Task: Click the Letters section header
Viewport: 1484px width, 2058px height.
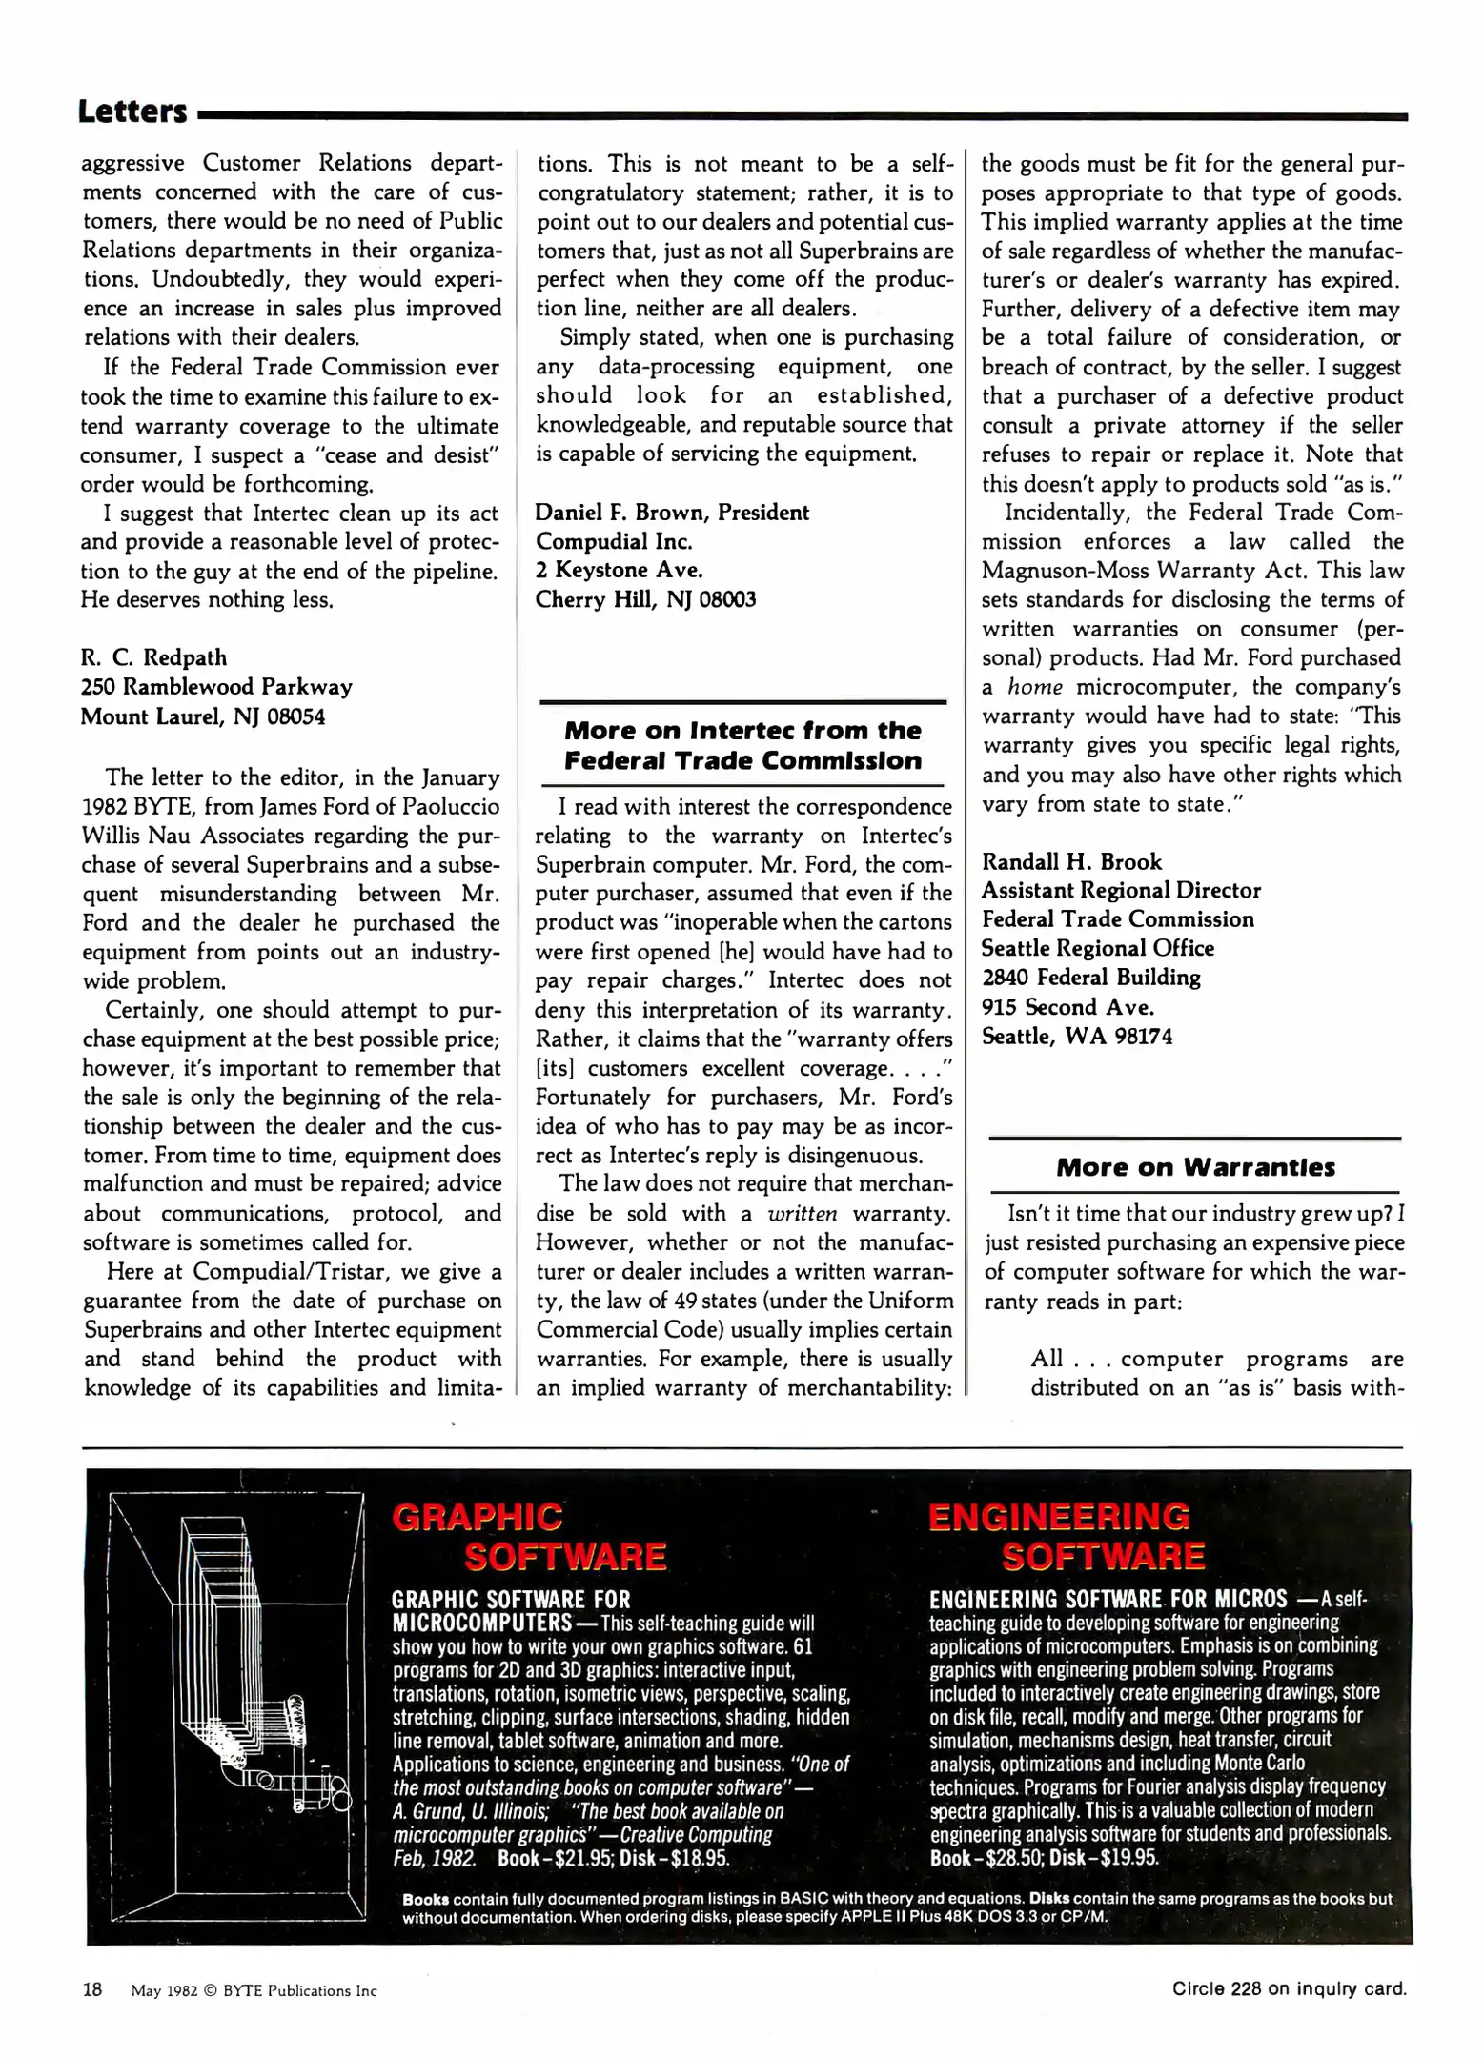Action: coord(132,111)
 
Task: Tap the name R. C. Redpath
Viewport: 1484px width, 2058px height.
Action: coord(153,657)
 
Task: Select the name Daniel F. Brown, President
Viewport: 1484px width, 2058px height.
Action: coord(671,512)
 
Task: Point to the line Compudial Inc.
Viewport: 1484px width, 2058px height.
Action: coord(613,541)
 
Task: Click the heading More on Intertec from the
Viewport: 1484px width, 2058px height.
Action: coord(742,731)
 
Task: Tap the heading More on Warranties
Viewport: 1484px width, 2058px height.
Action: coord(1195,1167)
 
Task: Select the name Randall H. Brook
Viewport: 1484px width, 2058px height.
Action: coord(1071,861)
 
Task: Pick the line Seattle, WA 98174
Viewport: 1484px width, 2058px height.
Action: coord(1077,1036)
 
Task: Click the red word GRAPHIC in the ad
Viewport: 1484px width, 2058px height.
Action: coord(477,1517)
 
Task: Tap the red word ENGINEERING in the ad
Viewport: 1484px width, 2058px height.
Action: coord(1058,1517)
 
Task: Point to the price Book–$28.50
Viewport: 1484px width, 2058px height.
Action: coord(985,1857)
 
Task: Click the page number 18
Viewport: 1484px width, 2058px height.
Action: coord(92,1989)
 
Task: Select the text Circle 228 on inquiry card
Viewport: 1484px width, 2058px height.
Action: coord(1289,1988)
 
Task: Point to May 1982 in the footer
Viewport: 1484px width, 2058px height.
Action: coord(163,1990)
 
